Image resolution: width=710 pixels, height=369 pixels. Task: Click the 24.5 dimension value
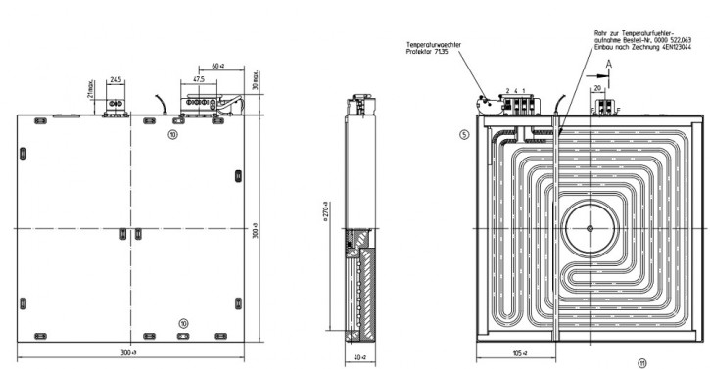(x=117, y=79)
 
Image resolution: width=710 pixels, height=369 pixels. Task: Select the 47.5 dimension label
(x=199, y=79)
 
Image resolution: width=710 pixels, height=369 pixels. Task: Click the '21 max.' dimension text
(x=91, y=91)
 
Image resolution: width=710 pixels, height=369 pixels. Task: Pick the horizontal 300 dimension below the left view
(x=131, y=351)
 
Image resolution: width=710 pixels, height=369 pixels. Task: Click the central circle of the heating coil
(x=589, y=227)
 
